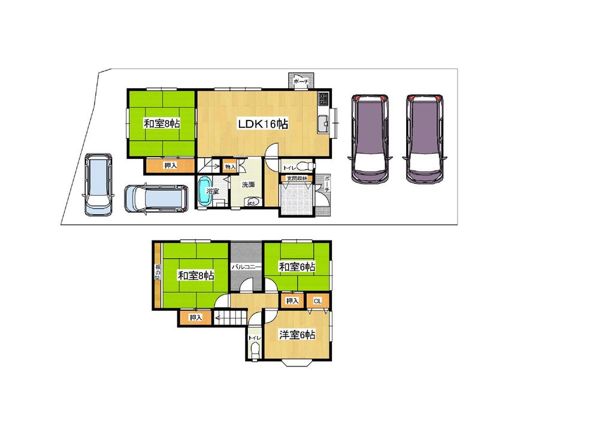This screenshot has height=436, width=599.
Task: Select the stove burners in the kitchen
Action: tap(323, 99)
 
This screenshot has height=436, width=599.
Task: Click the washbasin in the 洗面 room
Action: tap(252, 202)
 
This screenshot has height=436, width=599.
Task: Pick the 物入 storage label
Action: tap(230, 166)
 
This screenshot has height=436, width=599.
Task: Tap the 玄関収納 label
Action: tap(296, 179)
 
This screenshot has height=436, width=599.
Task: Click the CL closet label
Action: tap(317, 300)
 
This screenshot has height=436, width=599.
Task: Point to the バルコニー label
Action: tap(244, 266)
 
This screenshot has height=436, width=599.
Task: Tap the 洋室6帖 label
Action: tap(297, 335)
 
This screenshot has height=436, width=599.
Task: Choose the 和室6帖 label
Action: tap(297, 267)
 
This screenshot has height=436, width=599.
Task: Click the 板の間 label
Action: tap(158, 273)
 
